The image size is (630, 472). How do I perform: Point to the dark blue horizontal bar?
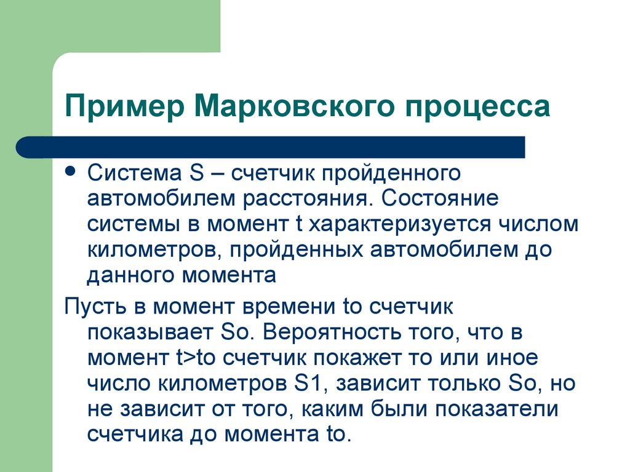271,147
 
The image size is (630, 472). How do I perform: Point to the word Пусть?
97,306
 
